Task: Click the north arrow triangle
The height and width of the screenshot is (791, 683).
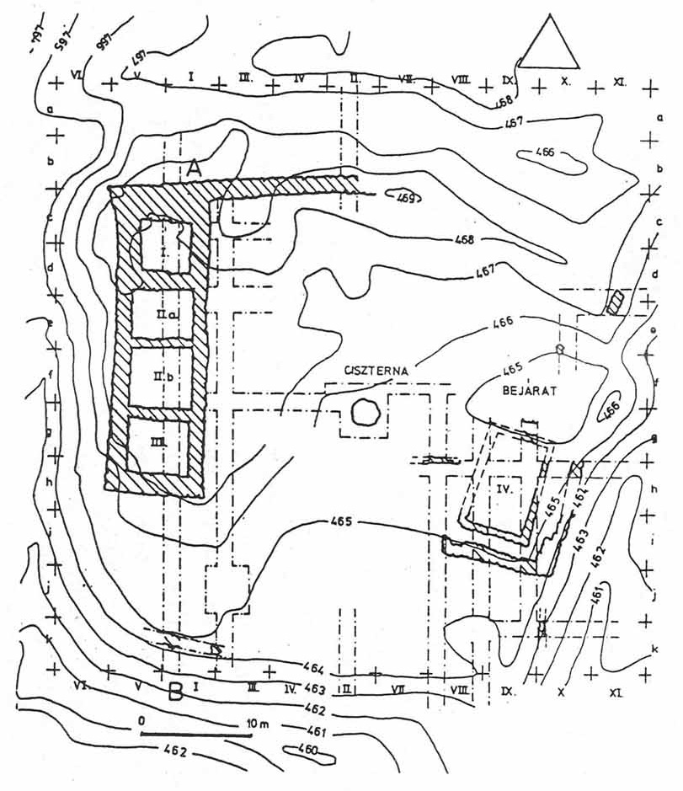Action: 548,44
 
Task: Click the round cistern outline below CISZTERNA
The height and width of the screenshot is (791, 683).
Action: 366,412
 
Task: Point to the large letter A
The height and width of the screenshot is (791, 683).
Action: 195,168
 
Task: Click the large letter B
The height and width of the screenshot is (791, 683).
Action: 176,692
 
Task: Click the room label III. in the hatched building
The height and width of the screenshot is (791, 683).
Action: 160,441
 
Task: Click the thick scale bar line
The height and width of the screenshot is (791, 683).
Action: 196,735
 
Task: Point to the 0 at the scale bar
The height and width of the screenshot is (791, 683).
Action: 143,722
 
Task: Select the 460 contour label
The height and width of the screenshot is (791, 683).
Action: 309,750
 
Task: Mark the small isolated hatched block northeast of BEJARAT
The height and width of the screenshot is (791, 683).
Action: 617,302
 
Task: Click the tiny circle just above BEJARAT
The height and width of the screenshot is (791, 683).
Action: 558,349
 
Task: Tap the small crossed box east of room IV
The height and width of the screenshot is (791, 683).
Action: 577,469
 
